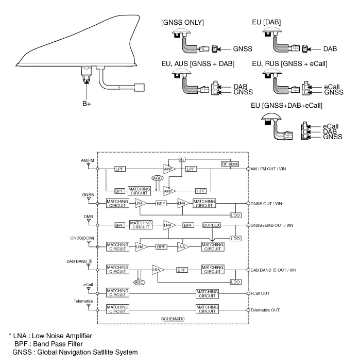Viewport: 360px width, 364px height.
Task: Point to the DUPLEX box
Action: point(212,225)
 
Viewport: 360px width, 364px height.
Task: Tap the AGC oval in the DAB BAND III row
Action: point(138,283)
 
